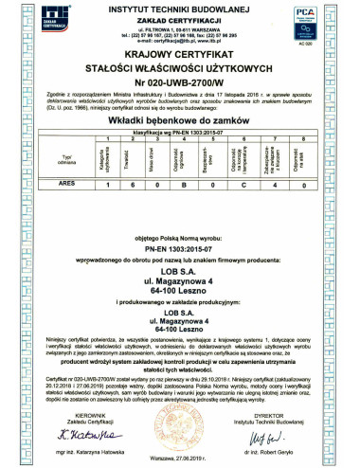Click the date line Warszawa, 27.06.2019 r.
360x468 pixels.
pyautogui.click(x=179, y=455)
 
